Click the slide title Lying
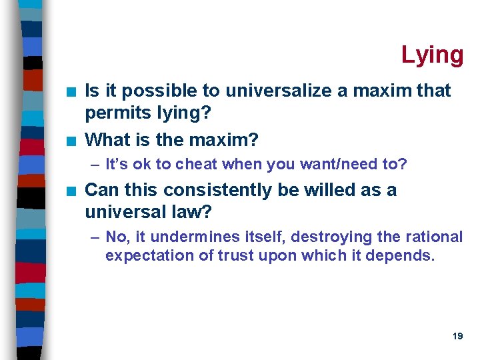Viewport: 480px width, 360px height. tap(432, 55)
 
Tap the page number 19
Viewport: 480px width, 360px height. tap(457, 337)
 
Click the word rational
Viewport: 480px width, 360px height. tap(431, 237)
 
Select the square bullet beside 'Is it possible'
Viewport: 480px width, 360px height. tap(71, 91)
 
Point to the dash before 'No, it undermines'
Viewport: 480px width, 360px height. tap(95, 237)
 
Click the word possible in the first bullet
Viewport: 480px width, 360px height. tap(160, 90)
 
